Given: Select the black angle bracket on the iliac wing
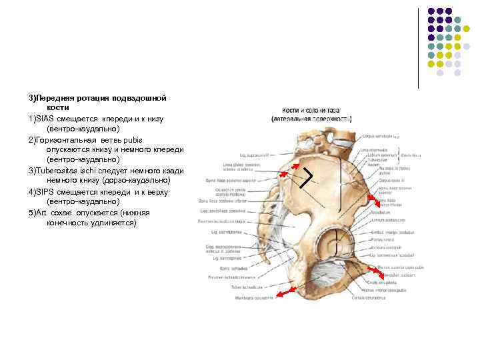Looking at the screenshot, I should [307, 177].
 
